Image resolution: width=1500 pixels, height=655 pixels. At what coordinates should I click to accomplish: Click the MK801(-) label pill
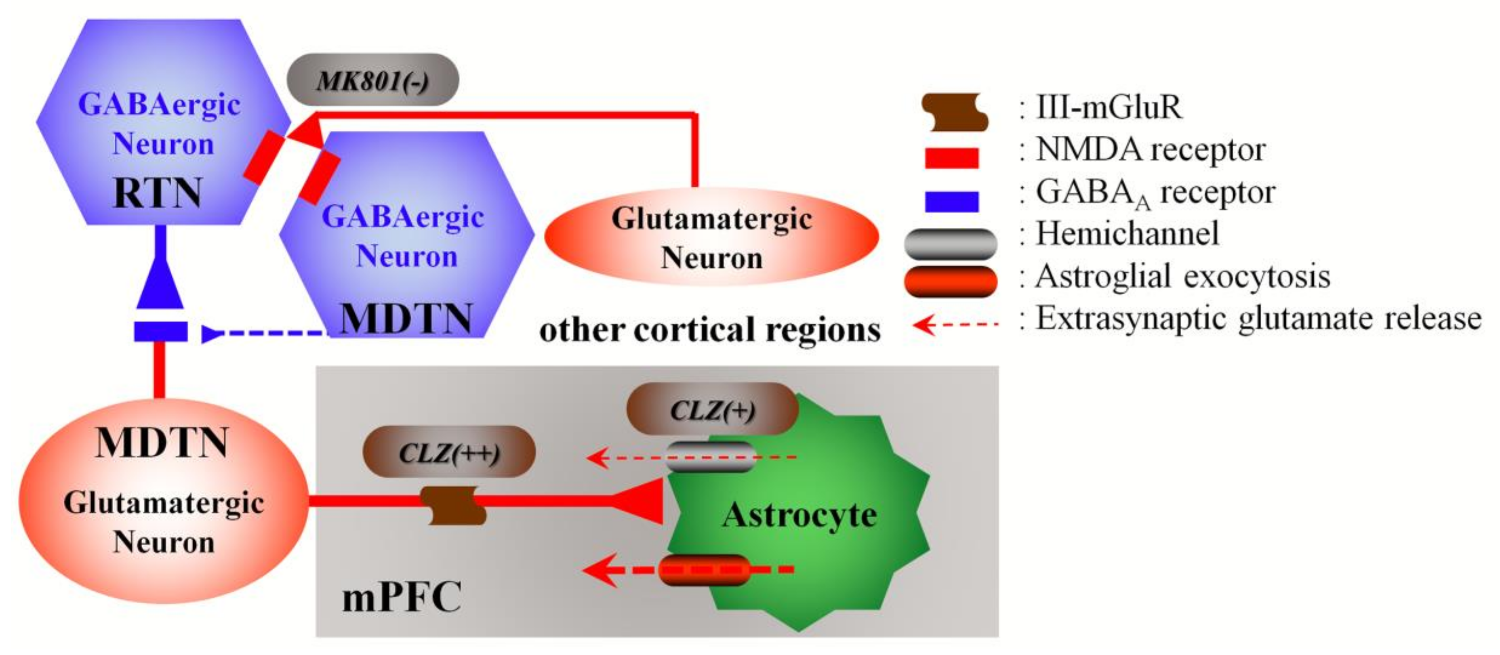(x=372, y=80)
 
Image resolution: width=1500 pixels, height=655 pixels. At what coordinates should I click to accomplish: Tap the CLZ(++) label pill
(x=448, y=452)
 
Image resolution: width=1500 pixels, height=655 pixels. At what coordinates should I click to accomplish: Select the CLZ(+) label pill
(x=711, y=409)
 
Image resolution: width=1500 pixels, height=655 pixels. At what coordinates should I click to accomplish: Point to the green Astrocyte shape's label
(x=799, y=515)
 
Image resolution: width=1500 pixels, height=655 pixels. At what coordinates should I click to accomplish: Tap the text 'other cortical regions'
(x=710, y=330)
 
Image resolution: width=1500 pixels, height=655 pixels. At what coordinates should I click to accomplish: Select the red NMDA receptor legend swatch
(x=951, y=158)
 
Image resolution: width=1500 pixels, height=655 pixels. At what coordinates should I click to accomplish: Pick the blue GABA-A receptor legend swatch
(x=951, y=201)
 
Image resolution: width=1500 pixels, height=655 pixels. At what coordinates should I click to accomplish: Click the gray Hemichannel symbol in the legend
(x=950, y=244)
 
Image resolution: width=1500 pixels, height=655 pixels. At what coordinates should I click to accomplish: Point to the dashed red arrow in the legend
(x=955, y=324)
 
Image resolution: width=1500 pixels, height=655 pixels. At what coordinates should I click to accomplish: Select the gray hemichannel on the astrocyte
(x=710, y=456)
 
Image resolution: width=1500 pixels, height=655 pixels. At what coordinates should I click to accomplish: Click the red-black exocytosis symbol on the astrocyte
(x=705, y=569)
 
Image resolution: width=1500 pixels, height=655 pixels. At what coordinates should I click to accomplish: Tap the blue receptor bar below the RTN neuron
(x=161, y=331)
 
